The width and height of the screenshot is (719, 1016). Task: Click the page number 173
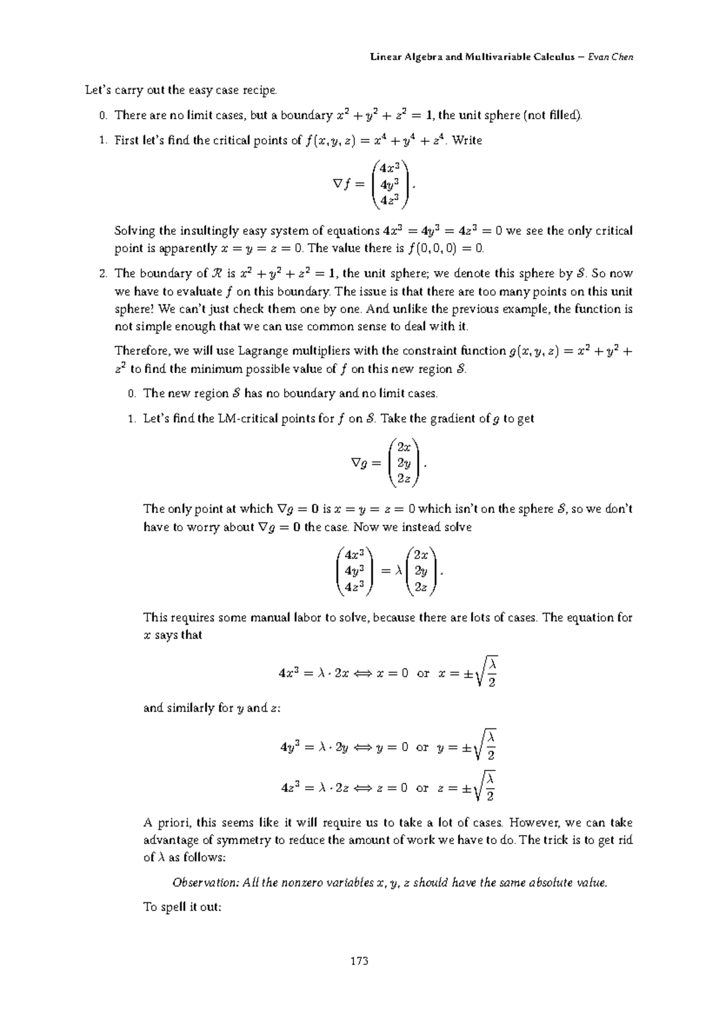pos(359,961)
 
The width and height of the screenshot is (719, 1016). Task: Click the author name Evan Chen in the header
pos(611,58)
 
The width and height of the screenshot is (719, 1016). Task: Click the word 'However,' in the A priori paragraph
pos(533,823)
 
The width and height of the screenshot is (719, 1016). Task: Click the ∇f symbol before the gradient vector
pos(340,185)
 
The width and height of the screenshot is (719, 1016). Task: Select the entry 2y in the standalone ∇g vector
pos(404,463)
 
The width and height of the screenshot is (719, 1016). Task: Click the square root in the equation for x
pos(486,673)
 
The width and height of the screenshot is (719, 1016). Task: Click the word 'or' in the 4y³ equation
pos(422,748)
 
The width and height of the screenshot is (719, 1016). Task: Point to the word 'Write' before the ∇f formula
pos(467,141)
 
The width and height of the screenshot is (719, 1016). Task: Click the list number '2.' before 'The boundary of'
pos(103,274)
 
